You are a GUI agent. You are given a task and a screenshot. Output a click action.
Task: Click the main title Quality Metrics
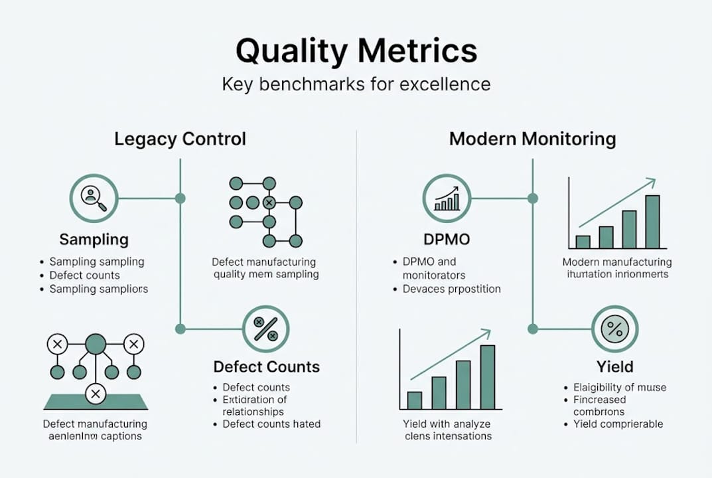click(x=356, y=52)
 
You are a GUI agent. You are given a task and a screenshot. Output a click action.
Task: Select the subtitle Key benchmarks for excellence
click(x=356, y=85)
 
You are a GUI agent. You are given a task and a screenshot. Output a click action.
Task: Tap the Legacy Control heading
click(x=180, y=139)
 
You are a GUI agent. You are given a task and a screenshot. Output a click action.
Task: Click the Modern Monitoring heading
click(x=532, y=139)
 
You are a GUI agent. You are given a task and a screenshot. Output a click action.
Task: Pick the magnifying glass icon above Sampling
click(x=94, y=198)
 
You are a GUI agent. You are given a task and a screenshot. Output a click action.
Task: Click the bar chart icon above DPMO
click(x=447, y=198)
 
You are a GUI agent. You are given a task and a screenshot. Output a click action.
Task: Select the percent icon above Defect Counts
click(x=266, y=329)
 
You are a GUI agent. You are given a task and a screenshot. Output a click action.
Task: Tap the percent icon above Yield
click(x=614, y=329)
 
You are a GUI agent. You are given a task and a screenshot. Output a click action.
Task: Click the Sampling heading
click(x=94, y=240)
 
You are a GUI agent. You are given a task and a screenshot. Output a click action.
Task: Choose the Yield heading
click(x=614, y=367)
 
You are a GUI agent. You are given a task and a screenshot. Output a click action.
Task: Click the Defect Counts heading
click(x=266, y=367)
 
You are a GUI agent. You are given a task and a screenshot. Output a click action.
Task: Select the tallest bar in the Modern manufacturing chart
click(x=652, y=222)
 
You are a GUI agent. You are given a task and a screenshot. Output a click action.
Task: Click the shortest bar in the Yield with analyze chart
click(x=415, y=400)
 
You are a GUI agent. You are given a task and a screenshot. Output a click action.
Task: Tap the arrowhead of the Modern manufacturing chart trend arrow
click(x=652, y=181)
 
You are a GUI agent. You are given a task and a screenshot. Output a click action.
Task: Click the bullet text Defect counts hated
click(x=271, y=424)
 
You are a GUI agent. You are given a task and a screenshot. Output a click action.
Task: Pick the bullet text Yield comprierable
click(x=618, y=424)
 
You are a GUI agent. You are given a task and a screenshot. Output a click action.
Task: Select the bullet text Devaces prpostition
click(x=451, y=289)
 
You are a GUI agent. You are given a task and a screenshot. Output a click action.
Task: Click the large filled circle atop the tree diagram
click(x=96, y=344)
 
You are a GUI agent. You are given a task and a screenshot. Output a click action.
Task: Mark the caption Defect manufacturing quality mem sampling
click(x=265, y=268)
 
